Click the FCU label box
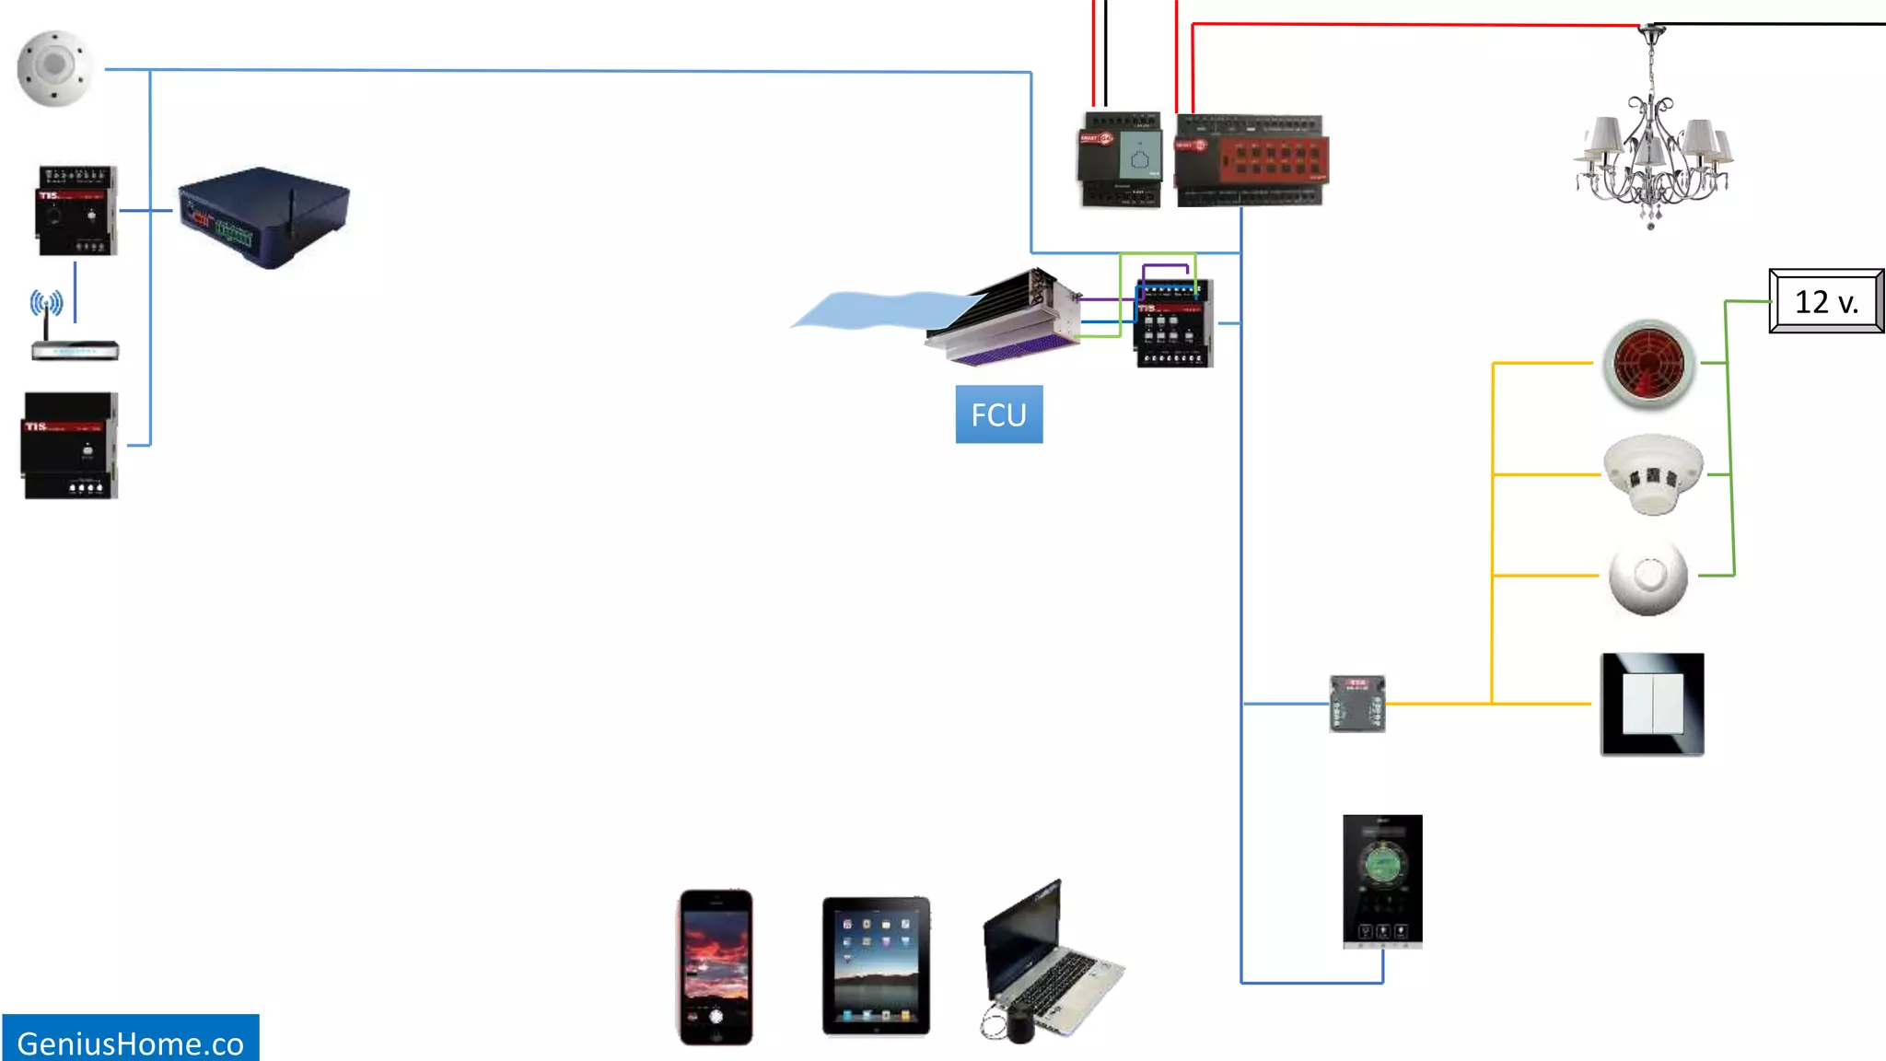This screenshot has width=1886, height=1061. pos(998,414)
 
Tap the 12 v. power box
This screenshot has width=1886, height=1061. pos(1826,301)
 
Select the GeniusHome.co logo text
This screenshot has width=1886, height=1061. pos(130,1043)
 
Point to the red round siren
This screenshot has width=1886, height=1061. pos(1648,363)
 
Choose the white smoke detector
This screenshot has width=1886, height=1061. pos(1653,473)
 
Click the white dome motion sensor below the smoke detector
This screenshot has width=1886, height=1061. pos(1648,577)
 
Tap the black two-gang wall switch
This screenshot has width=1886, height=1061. pos(1652,705)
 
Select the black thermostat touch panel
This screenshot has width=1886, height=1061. pos(1382,880)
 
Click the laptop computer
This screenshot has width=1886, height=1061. pos(1050,962)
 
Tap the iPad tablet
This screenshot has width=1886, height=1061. pos(876,965)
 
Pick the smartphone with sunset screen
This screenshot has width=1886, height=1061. pos(716,966)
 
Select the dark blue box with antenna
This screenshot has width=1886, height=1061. pos(263,217)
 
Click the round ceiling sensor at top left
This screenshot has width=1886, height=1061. pos(55,68)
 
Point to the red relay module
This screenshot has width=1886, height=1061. pos(1252,160)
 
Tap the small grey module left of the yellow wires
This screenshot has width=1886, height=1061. pos(1356,704)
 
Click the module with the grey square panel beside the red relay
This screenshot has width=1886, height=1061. pos(1120,159)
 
